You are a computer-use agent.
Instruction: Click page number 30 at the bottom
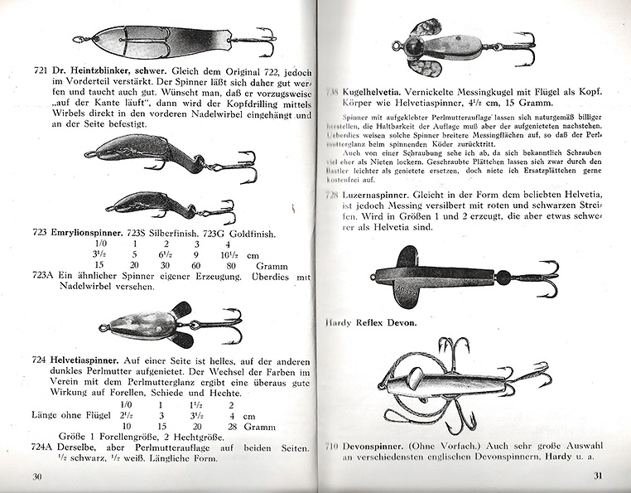tap(36, 476)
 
